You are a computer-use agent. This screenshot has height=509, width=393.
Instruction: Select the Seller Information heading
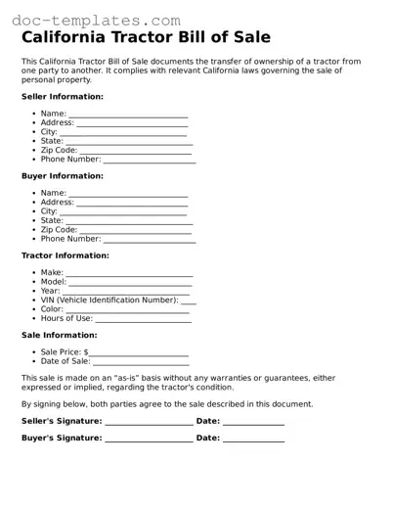click(63, 97)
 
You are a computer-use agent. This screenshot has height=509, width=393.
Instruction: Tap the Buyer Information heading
click(63, 176)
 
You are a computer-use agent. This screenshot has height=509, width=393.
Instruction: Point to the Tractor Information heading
click(65, 255)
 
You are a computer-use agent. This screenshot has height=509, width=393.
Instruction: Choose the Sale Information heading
click(59, 335)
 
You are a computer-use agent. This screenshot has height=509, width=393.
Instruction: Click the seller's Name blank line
click(128, 116)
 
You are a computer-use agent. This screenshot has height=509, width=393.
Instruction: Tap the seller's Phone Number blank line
click(150, 161)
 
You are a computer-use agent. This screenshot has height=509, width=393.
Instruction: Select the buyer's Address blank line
click(132, 205)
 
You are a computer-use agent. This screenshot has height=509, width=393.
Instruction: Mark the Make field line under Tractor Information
click(129, 275)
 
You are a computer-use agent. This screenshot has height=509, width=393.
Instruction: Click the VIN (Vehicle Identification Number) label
click(109, 301)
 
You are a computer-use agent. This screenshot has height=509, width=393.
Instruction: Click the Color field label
click(52, 309)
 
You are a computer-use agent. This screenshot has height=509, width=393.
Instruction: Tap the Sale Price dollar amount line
click(139, 354)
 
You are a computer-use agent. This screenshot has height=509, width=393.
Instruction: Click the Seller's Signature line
click(149, 423)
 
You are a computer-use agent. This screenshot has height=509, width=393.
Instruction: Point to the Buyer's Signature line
click(149, 440)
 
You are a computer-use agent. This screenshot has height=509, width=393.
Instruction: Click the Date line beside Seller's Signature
click(253, 423)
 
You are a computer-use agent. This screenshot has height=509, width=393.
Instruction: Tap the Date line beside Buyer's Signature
click(253, 440)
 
